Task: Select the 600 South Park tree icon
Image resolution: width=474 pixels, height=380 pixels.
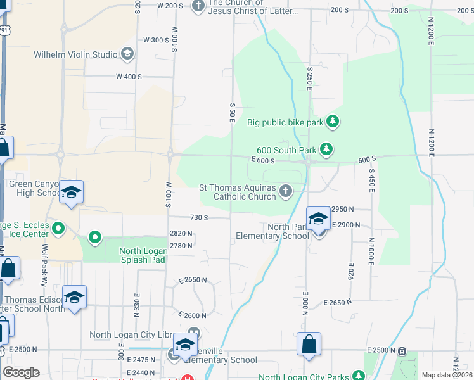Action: coord(326,149)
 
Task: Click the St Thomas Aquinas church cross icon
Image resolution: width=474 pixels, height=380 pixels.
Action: coord(286,190)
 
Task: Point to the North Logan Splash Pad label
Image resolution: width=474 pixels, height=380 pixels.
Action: coord(143,255)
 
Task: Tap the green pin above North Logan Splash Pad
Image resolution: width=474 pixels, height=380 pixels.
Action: coord(95,237)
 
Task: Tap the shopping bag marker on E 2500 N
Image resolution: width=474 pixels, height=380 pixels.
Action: coord(309,345)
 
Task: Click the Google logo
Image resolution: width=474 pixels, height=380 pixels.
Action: coord(21,372)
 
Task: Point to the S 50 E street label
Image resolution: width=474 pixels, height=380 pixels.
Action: coord(233,112)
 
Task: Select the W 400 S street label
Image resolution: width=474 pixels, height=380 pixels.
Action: coord(129,77)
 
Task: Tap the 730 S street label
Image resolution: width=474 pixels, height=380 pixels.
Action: coord(198,217)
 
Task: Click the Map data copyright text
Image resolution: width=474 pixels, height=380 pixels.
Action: coord(447,375)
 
